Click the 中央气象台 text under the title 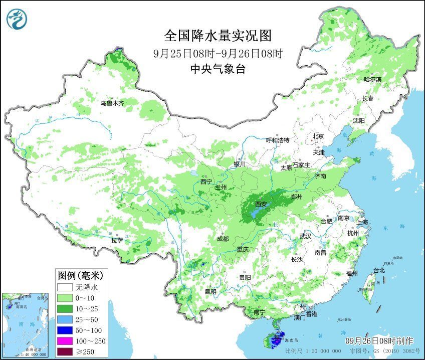pos(218,69)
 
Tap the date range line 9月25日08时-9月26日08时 pos(218,53)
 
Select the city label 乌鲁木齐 pos(111,103)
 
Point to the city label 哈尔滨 pos(372,79)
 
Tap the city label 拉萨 pos(117,240)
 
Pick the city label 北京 pos(318,136)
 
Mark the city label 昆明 pos(210,291)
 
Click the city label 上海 pos(363,222)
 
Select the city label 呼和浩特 pos(277,140)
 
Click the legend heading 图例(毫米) pos(81,275)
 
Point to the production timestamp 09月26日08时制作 pos(381,340)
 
